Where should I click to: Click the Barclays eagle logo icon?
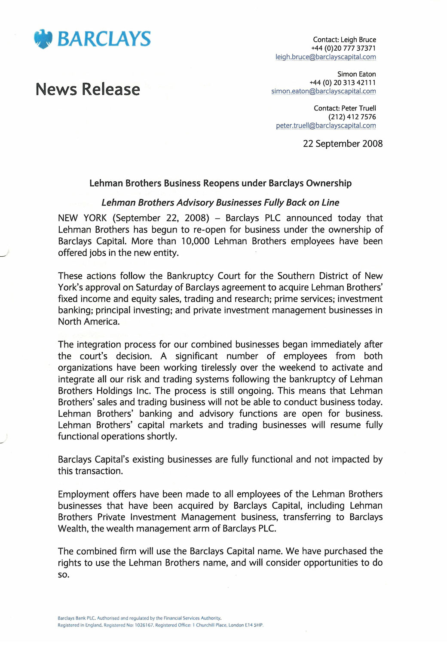pos(43,39)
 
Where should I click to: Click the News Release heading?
pos(88,89)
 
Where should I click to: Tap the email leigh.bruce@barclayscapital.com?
pos(325,57)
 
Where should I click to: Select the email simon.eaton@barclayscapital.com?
pos(323,91)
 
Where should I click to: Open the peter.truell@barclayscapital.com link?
pos(326,126)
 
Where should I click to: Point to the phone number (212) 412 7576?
pos(352,117)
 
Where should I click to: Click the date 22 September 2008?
pos(343,144)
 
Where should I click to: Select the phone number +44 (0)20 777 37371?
pos(343,48)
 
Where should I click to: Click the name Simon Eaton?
pos(356,74)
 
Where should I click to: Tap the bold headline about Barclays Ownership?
pos(220,183)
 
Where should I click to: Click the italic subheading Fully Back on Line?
pos(220,203)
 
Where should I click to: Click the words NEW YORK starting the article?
pos(82,218)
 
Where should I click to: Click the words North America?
pos(89,322)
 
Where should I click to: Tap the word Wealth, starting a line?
pos(73,528)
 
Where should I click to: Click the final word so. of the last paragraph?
pos(64,574)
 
